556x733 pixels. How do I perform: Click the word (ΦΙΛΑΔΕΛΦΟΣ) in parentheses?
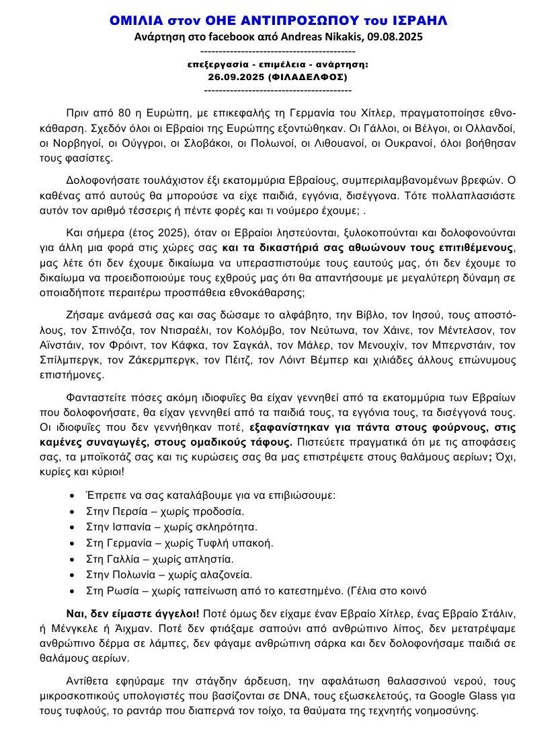(309, 77)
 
